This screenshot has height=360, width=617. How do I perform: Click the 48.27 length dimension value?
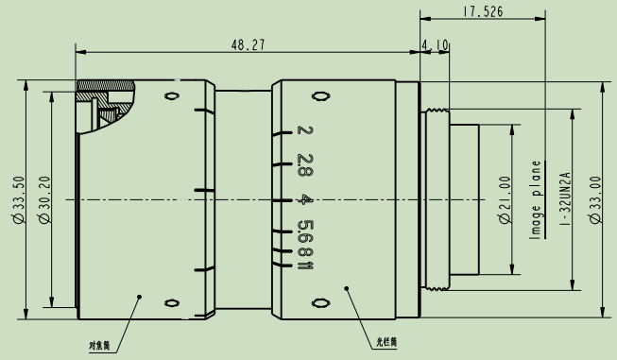248,43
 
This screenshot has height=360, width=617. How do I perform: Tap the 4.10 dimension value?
436,43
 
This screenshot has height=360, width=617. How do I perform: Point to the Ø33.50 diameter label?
17,199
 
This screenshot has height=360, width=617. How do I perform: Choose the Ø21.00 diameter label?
504,199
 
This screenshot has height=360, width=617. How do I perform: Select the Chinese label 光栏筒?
386,343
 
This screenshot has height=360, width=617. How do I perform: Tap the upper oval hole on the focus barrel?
171,95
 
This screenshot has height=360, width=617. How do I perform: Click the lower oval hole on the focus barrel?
171,302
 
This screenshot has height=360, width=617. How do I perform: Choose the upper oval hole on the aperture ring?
320,95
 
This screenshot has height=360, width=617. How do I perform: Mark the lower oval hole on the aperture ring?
320,303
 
